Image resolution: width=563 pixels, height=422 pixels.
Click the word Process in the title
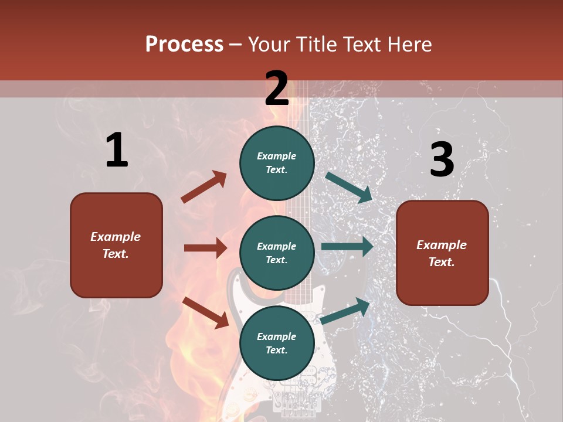[184, 44]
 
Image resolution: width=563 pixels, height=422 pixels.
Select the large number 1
[117, 151]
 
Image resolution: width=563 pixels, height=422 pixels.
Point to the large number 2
[277, 89]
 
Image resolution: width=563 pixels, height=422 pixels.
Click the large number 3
[442, 160]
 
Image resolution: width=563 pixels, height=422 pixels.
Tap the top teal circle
[277, 163]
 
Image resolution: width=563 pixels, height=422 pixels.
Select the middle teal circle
[277, 253]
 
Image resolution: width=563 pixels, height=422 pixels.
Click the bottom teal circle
[277, 343]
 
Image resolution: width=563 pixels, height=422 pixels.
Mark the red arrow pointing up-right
[204, 187]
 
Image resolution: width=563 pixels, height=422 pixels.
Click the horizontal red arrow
[205, 248]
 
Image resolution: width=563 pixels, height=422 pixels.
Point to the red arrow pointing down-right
[205, 312]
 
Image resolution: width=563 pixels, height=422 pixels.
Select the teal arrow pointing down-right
[349, 187]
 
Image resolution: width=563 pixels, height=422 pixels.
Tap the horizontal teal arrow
[347, 247]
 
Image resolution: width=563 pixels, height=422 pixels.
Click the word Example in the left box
[116, 237]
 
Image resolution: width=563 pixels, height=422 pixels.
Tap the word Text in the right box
[441, 262]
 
